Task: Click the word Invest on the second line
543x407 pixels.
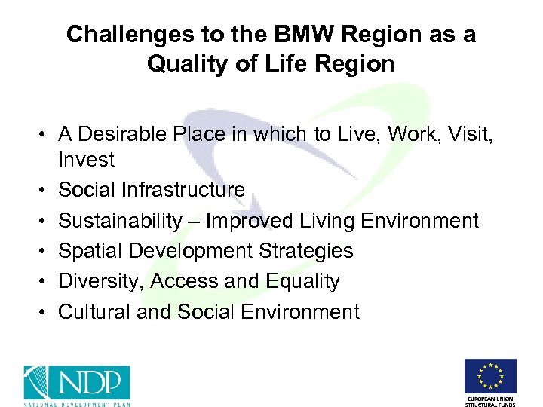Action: coord(86,160)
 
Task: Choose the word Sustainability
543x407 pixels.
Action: coord(120,221)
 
